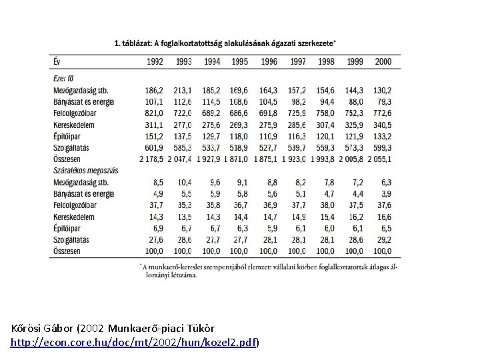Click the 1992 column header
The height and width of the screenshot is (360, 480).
pos(153,61)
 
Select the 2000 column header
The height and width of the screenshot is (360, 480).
pos(383,61)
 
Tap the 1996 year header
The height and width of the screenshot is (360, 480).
pos(268,61)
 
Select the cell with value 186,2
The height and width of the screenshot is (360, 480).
pos(153,89)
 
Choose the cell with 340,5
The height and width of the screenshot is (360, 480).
pos(382,124)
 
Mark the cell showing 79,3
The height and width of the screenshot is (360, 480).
pos(384,101)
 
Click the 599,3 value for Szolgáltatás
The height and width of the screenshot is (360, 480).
pos(382,147)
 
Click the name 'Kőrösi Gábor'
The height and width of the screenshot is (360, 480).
pos(43,329)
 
